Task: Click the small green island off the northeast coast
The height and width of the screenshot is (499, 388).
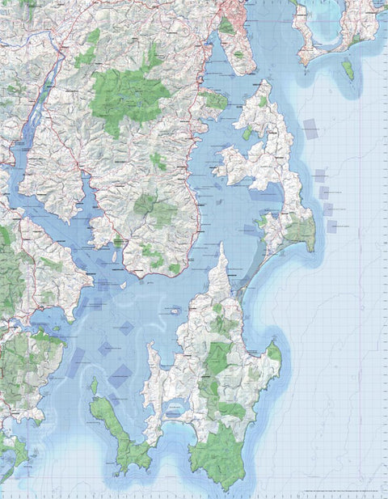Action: pos(348,70)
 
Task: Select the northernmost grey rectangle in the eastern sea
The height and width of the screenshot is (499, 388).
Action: pos(311,126)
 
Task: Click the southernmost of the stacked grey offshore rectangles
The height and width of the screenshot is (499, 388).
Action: pos(331,226)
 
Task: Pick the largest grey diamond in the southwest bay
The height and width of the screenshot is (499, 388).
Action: pos(121,374)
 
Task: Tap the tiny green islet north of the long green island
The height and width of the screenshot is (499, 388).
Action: pos(94,386)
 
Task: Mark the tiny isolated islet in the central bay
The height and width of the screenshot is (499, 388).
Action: pos(175,310)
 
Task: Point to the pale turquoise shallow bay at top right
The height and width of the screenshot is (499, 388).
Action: pos(327,28)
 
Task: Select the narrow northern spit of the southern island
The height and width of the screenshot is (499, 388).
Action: pos(222,263)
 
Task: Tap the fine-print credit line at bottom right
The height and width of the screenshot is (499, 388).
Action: pos(323,492)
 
